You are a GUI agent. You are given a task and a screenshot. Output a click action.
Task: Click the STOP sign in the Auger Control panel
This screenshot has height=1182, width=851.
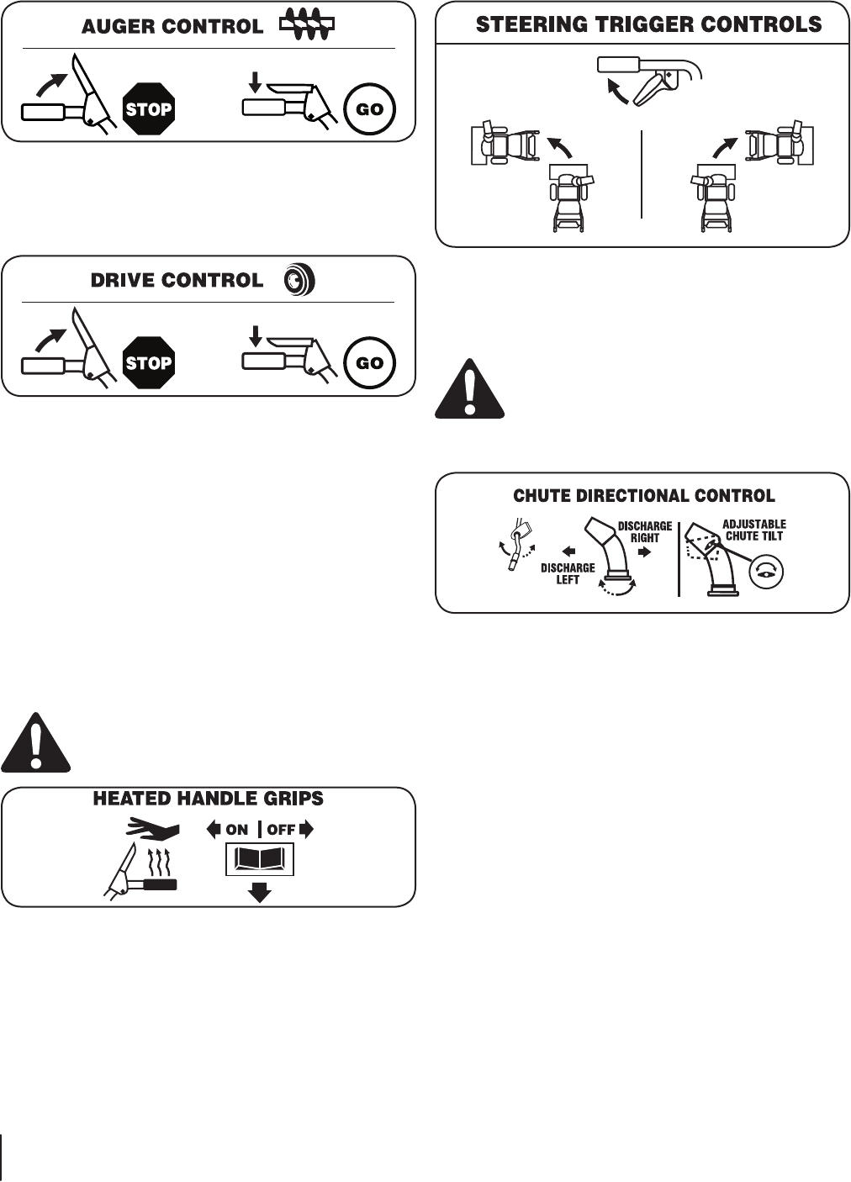149,108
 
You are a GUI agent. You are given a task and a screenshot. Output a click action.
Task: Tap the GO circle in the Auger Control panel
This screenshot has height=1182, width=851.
370,109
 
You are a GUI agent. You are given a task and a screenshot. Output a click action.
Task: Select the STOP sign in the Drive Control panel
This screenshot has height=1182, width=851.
149,363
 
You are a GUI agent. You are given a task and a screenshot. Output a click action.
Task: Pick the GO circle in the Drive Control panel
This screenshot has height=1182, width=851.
370,363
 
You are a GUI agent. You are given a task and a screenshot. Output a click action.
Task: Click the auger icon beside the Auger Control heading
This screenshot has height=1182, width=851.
307,25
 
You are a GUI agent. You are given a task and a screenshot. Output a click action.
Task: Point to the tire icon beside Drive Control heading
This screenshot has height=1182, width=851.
299,281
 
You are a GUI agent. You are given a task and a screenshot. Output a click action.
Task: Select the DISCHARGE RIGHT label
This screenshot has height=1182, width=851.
645,532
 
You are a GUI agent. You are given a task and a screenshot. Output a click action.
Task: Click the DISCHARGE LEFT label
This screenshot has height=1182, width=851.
568,573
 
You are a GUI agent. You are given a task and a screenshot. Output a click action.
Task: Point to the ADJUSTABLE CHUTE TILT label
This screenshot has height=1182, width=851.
754,530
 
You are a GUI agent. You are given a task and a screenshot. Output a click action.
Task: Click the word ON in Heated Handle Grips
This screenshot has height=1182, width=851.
236,830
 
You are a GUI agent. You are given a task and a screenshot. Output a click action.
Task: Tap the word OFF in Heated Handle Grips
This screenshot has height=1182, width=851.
282,830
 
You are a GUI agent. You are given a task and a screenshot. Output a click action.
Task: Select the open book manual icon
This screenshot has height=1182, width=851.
260,861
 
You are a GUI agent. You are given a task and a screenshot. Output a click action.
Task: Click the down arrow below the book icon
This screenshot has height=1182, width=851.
260,892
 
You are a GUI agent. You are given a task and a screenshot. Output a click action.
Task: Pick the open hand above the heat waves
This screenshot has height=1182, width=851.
153,831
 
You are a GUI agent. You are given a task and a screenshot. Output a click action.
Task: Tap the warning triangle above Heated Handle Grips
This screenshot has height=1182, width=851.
35,742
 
